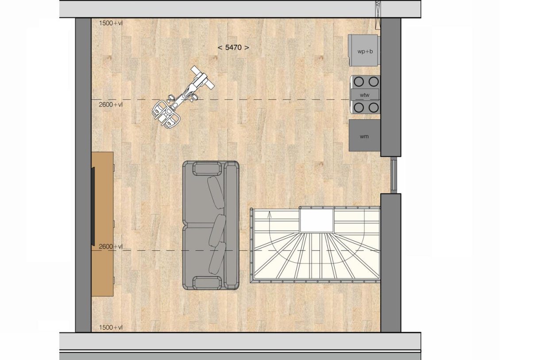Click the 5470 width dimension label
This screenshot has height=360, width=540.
click(233, 47)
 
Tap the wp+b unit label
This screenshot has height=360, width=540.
click(365, 51)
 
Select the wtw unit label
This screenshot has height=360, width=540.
click(365, 95)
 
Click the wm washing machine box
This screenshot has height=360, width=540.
click(365, 135)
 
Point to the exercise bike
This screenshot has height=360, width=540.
click(182, 98)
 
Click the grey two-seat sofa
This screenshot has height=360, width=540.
click(211, 225)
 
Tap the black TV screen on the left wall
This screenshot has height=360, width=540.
click(93, 206)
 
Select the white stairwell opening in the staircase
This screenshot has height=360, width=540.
click(316, 221)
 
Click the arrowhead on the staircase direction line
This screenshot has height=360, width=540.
click(270, 213)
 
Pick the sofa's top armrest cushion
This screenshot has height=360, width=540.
click(207, 169)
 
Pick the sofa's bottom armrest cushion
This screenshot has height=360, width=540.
click(207, 283)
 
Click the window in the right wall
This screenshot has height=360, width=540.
click(393, 175)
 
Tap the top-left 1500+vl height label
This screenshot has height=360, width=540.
click(111, 23)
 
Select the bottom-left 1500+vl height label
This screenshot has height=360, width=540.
click(111, 327)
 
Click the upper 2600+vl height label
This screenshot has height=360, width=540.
click(111, 105)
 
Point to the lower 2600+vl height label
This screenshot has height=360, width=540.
click(111, 247)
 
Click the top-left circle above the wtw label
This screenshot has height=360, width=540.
click(359, 81)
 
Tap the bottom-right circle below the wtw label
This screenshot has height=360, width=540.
click(374, 108)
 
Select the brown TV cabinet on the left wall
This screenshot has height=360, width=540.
click(102, 224)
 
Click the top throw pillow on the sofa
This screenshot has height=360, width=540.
click(216, 192)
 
